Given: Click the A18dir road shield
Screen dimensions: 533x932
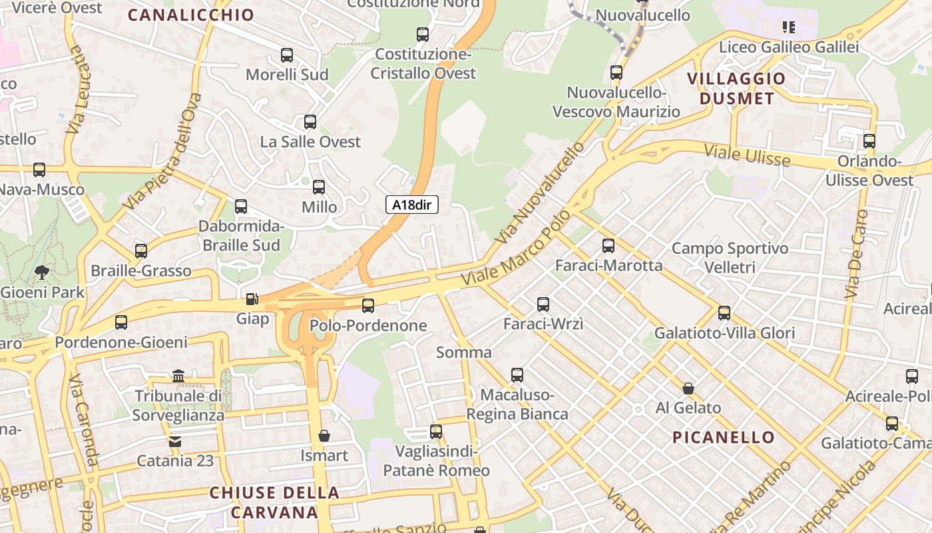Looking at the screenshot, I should [412, 205].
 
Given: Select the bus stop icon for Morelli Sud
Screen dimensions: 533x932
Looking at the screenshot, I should [287, 55].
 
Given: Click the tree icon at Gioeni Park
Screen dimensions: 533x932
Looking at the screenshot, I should [42, 272].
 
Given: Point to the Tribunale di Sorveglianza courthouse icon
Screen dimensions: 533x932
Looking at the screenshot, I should [178, 376].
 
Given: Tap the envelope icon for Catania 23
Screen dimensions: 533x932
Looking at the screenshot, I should [175, 441].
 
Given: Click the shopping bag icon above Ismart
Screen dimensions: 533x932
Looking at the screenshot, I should [324, 436].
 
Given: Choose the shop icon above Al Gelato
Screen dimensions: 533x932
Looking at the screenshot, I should [688, 388].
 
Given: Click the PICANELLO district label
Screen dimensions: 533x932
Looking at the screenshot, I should [723, 438].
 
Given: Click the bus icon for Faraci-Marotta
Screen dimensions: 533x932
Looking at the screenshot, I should [608, 246].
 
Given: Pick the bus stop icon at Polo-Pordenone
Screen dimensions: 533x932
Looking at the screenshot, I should [368, 306].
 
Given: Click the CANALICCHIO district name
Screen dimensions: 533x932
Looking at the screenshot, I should [191, 15].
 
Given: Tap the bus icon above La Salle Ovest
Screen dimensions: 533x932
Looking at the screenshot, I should [310, 122].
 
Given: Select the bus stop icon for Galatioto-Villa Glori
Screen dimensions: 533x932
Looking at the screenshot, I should [724, 312].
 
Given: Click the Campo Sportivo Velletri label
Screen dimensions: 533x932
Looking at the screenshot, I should [730, 258].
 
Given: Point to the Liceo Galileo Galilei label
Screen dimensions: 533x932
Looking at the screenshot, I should [789, 47].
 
